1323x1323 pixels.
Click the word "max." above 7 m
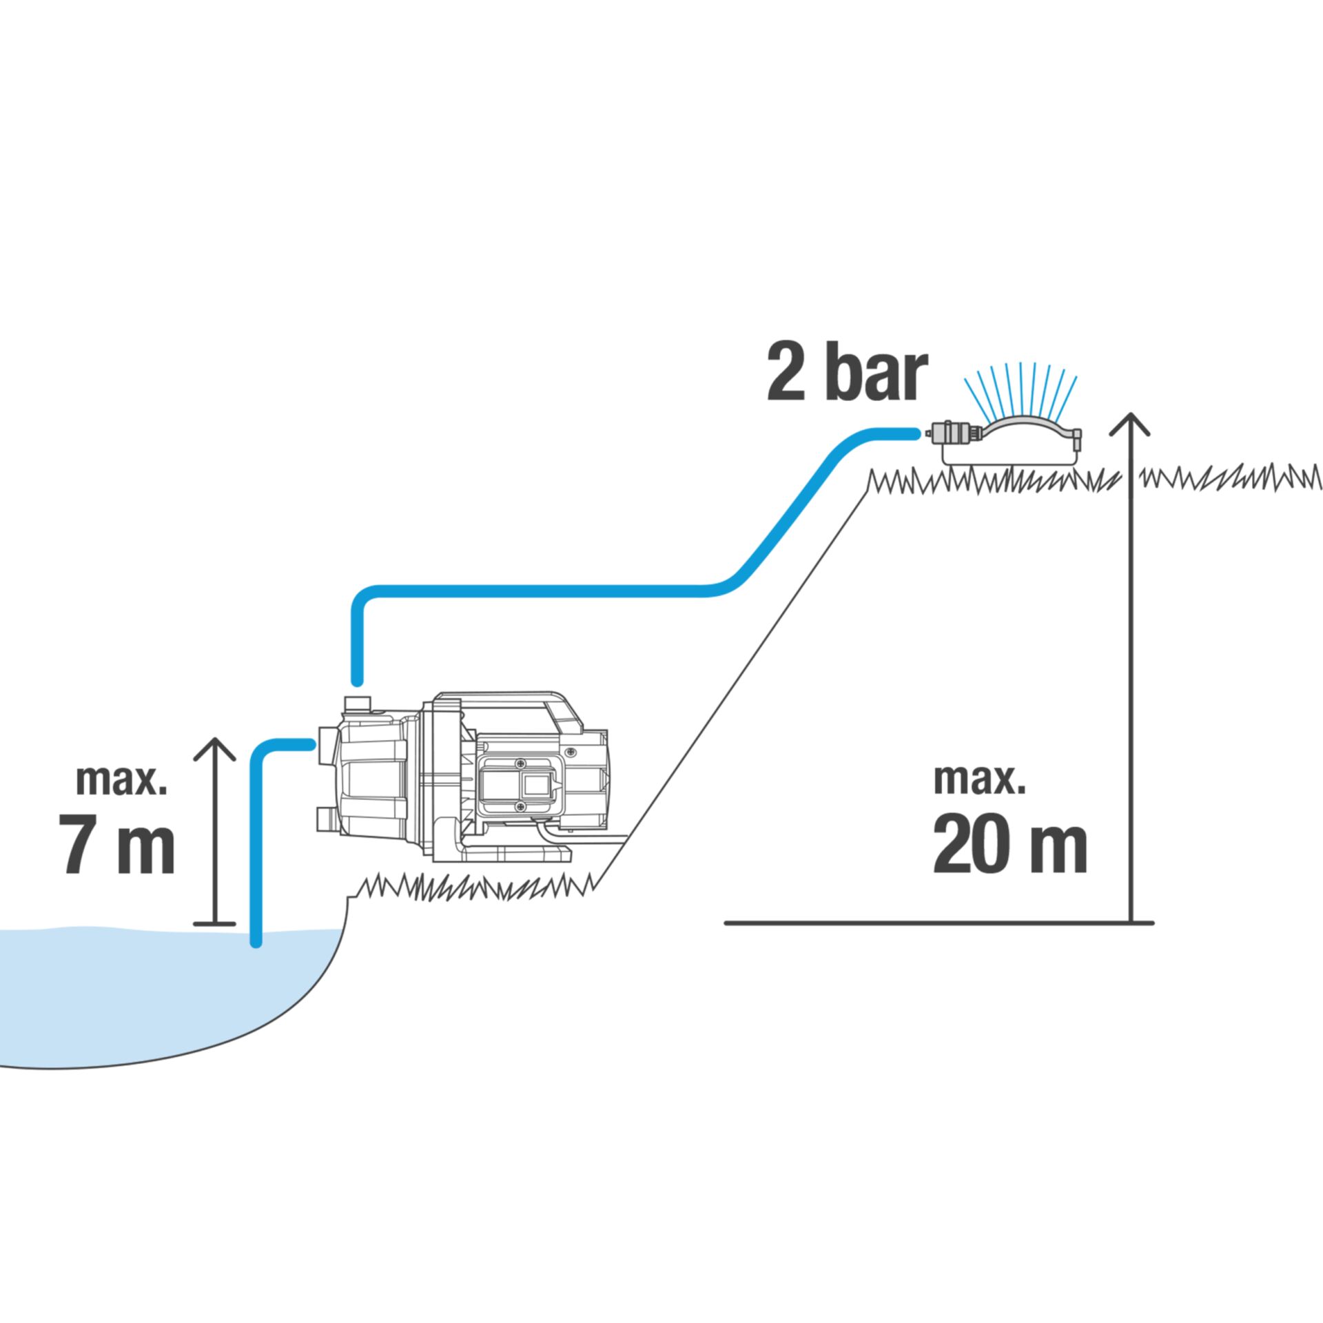(x=121, y=779)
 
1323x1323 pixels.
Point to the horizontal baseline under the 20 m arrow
(x=937, y=923)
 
